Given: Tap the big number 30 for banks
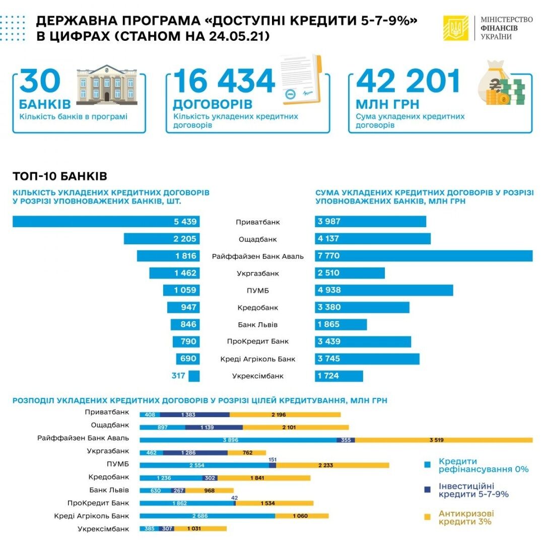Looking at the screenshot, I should pos(40,82).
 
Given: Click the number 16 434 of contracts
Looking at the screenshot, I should pos(224,82).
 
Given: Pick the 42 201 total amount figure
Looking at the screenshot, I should pos(407,82).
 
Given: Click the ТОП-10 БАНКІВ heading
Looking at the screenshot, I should pos(59,176).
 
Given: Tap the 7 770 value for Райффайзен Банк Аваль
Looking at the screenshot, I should pos(328,256).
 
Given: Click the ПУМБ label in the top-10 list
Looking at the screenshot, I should pos(258,290).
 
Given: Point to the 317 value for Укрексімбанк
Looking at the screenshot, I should pos(178,376).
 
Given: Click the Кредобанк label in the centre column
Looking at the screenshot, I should pos(258,307).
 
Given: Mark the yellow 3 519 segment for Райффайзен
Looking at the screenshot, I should pos(443,440).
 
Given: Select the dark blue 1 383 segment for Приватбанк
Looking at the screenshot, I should pos(195,414).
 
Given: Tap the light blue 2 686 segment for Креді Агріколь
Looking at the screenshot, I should pos(207,515).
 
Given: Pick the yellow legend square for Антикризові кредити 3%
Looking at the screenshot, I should pos(428,516).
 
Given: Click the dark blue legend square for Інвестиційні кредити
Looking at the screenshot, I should pos(428,489).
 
